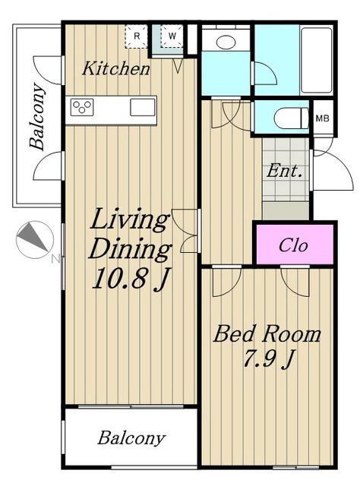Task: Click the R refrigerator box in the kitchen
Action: click(x=137, y=36)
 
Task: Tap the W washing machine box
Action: click(x=172, y=36)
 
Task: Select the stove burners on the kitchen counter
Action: click(x=82, y=107)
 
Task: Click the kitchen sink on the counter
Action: click(x=143, y=107)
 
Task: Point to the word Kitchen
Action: click(x=116, y=68)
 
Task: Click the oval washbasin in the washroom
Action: click(x=226, y=43)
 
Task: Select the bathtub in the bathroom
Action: click(x=317, y=60)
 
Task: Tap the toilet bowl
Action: click(x=292, y=118)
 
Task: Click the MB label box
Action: click(x=323, y=118)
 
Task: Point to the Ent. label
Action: click(x=284, y=171)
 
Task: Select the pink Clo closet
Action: click(x=295, y=245)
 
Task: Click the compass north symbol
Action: click(x=35, y=240)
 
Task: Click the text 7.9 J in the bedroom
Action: click(x=268, y=358)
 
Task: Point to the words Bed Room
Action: click(x=267, y=334)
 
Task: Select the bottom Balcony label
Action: click(x=131, y=438)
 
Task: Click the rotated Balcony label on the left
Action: click(x=37, y=116)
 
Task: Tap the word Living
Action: click(x=130, y=221)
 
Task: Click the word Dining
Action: click(x=130, y=249)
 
